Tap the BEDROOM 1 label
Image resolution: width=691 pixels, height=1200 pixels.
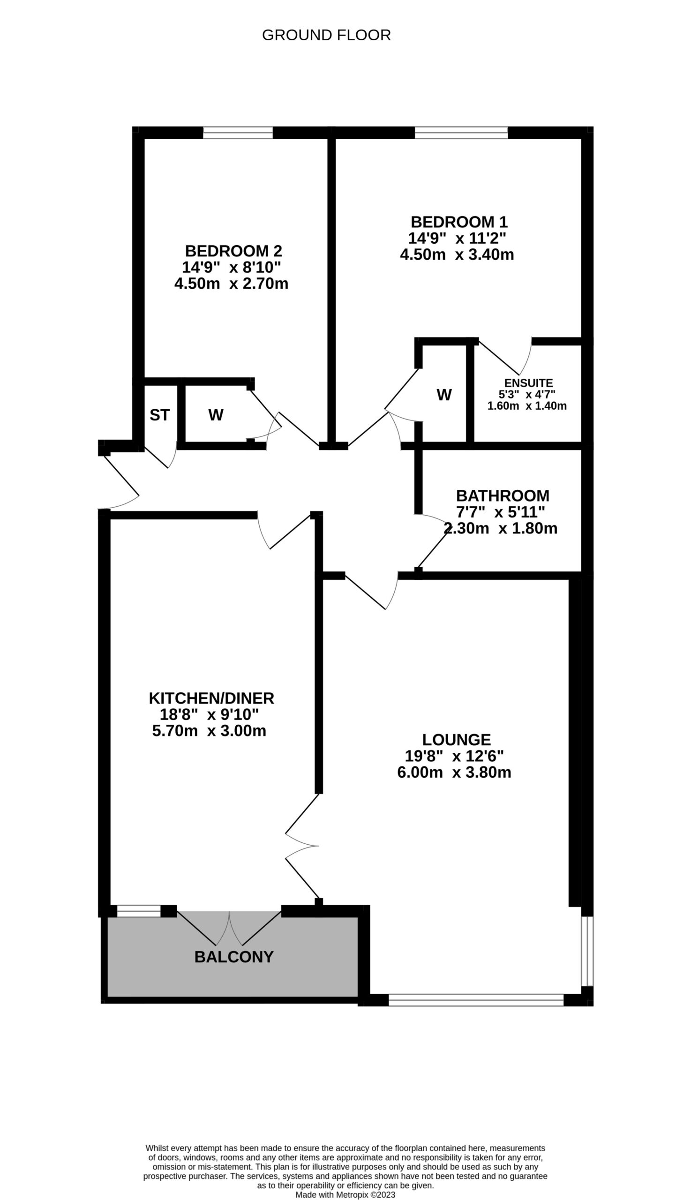coord(458,222)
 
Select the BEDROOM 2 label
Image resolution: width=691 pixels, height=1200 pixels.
coord(233,250)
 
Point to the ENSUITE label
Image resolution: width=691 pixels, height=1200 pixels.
coord(528,383)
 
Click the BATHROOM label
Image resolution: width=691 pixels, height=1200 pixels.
coord(503,496)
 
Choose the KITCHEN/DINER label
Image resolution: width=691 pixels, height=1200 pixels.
coord(211,698)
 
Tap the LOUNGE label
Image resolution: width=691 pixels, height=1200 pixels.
coord(456,740)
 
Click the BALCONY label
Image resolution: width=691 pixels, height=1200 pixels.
coord(234,957)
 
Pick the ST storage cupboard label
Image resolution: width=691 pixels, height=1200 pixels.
coord(159,415)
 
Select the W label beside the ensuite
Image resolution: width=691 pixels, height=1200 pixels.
coord(444,395)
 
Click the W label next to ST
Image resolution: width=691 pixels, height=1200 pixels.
coord(216,415)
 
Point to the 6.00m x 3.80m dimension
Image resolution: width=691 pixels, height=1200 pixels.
coord(454,772)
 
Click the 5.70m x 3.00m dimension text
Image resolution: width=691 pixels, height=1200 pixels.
coord(209,731)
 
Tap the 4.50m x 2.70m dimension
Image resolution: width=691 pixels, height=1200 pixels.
coord(231,284)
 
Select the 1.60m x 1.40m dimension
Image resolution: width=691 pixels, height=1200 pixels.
coord(527,406)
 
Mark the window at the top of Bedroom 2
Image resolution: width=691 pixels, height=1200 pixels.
coord(238,132)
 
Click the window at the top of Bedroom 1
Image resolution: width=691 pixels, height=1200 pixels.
coord(461,132)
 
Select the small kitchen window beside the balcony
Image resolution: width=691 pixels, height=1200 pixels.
coord(139,911)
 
